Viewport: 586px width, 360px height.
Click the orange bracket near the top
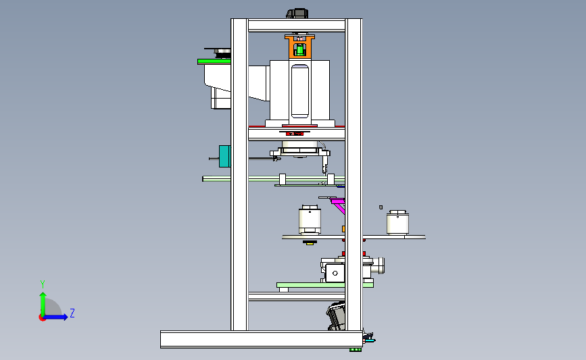tap(299, 47)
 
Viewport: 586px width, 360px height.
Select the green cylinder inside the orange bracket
tap(299, 50)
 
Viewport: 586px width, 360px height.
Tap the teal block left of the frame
tap(224, 156)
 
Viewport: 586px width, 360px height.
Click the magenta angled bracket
tap(338, 206)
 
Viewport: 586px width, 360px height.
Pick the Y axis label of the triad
tap(43, 284)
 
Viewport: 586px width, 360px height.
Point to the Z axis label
tap(72, 313)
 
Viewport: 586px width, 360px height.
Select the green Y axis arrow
tap(43, 305)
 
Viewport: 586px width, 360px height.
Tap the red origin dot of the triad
tap(42, 318)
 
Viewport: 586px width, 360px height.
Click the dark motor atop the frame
tap(297, 14)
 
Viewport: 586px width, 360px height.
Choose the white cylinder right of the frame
tap(397, 223)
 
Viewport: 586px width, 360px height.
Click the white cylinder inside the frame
tap(310, 220)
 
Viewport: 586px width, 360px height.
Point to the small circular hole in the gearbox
tap(335, 274)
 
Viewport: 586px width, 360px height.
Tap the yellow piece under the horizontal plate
tap(310, 243)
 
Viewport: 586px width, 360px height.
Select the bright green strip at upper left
tap(214, 61)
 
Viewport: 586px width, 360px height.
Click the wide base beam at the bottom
tap(262, 340)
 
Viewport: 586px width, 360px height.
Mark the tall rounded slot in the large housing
tap(299, 91)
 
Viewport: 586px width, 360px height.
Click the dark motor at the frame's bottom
tap(336, 316)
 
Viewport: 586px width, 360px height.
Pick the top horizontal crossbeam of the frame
tap(297, 26)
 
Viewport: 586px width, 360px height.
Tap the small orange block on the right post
tap(343, 229)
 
